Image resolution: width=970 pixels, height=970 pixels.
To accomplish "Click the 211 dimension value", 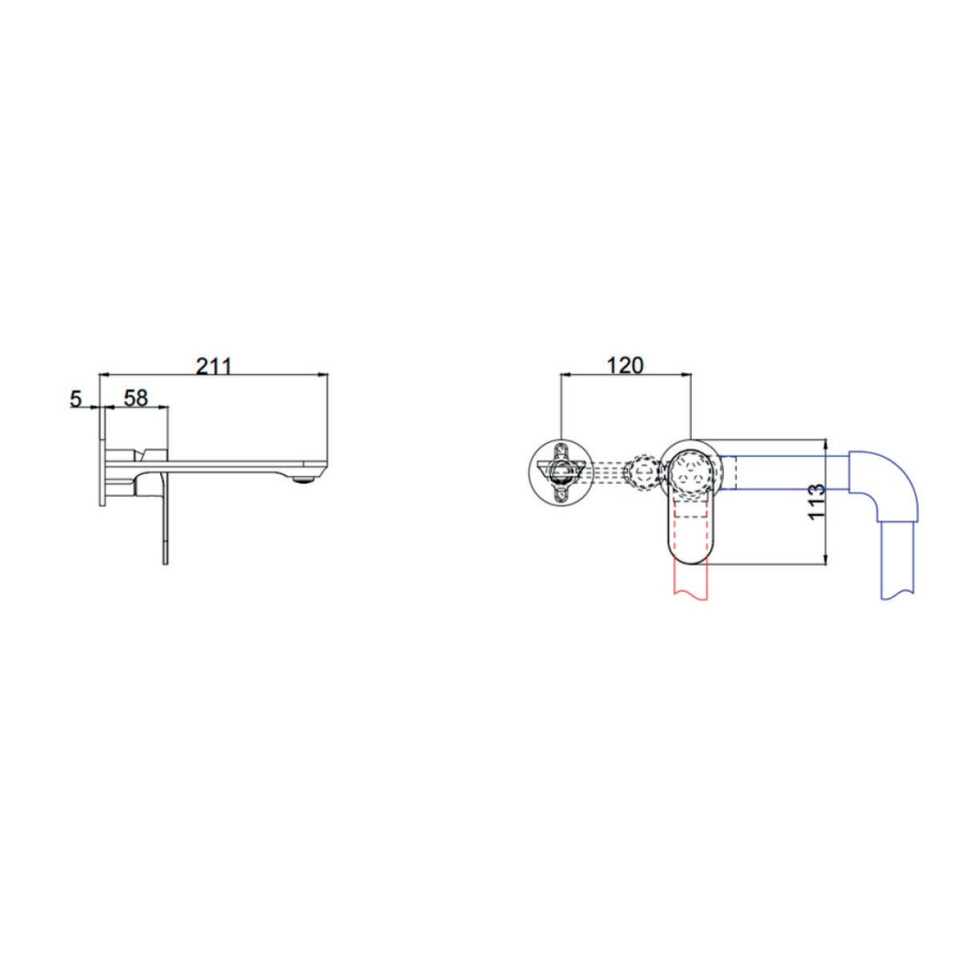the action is pyautogui.click(x=213, y=366).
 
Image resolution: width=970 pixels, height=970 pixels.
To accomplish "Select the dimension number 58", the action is pyautogui.click(x=136, y=398).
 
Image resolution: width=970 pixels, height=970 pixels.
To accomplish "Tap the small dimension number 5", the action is pyautogui.click(x=75, y=399).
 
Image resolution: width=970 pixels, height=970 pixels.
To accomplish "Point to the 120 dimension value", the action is pyautogui.click(x=625, y=366).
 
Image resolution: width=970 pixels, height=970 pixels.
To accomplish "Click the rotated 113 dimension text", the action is pyautogui.click(x=816, y=501).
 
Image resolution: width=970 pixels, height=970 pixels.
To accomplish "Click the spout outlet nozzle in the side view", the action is pyautogui.click(x=304, y=478).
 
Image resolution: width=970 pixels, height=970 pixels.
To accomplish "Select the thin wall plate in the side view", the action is pyautogui.click(x=102, y=457).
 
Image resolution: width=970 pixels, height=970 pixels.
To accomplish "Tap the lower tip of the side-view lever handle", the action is pyautogui.click(x=165, y=563).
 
